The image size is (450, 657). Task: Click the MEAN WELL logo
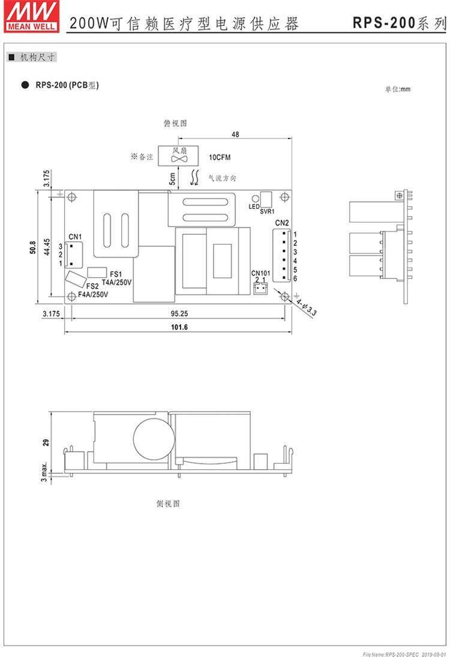tap(31, 16)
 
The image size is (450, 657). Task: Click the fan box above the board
tap(178, 155)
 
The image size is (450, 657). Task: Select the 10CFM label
tap(220, 157)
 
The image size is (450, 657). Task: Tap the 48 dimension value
tap(235, 134)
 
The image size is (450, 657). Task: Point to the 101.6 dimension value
tap(179, 327)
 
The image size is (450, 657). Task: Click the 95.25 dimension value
tap(179, 313)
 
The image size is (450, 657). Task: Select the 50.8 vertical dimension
tap(34, 247)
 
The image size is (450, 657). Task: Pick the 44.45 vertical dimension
tap(47, 247)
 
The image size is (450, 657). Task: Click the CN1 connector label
tap(75, 237)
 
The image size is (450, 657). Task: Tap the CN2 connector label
tap(282, 223)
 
